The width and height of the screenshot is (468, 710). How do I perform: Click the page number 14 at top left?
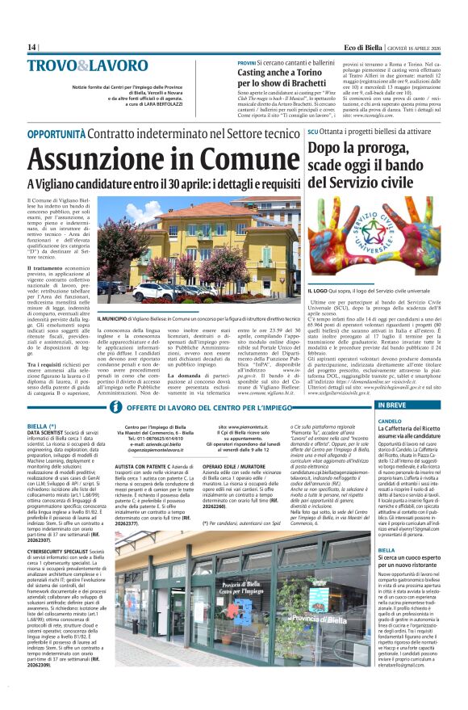[x=32, y=47]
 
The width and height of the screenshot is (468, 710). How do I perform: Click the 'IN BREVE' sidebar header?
[x=392, y=405]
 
